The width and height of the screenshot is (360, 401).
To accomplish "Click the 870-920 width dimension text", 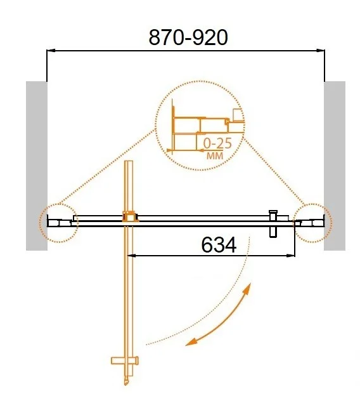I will (188, 37).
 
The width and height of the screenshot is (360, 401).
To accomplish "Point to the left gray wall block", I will (36, 165).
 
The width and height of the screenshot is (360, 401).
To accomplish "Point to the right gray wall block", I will (335, 165).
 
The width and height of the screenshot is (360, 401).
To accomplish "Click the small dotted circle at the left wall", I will (58, 221).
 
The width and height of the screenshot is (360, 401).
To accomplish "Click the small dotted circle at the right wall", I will (312, 221).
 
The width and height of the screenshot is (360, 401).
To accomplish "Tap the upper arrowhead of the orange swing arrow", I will (248, 289).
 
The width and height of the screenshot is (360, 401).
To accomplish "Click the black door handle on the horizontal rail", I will (274, 221).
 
